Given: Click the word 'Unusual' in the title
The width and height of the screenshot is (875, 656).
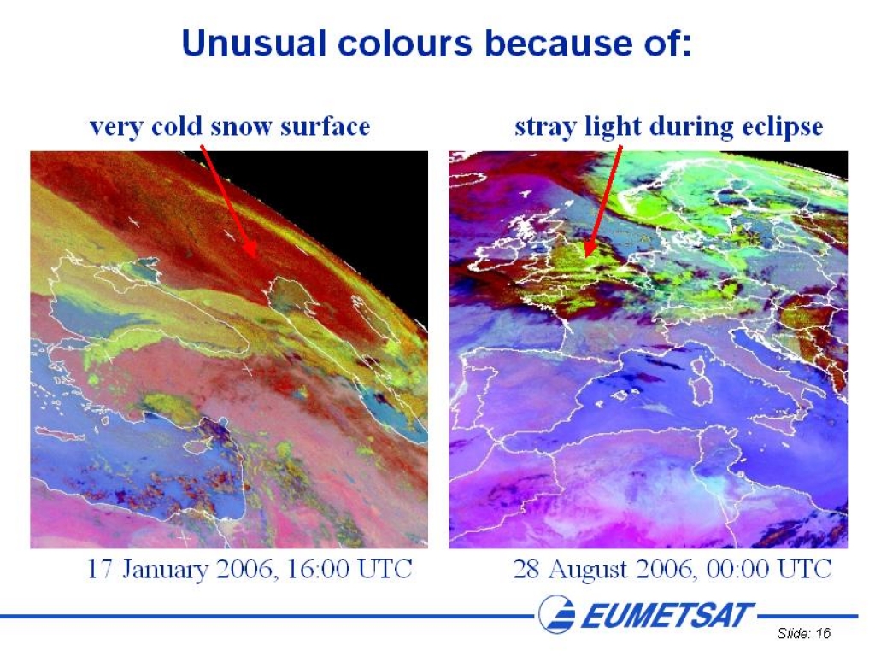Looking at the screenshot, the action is tap(254, 43).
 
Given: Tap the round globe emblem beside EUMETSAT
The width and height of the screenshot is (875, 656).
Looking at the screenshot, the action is tap(556, 613).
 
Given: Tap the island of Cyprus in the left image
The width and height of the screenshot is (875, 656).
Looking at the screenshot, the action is tap(197, 443).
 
